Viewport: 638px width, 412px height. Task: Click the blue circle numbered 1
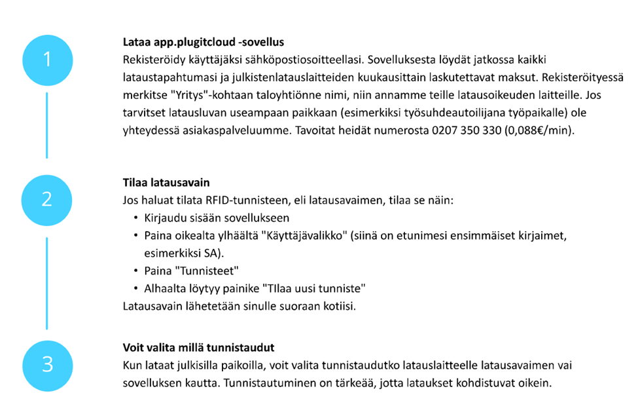pyautogui.click(x=46, y=60)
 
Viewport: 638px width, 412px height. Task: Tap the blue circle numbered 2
pyautogui.click(x=46, y=198)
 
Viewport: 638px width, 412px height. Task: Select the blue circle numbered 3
pyautogui.click(x=46, y=364)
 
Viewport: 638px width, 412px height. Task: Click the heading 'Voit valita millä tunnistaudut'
pyautogui.click(x=198, y=347)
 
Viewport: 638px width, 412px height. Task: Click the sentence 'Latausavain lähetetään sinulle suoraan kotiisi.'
pyautogui.click(x=239, y=306)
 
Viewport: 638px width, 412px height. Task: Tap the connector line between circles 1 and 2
pyautogui.click(x=46, y=125)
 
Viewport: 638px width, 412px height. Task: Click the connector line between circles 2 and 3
pyautogui.click(x=46, y=283)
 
